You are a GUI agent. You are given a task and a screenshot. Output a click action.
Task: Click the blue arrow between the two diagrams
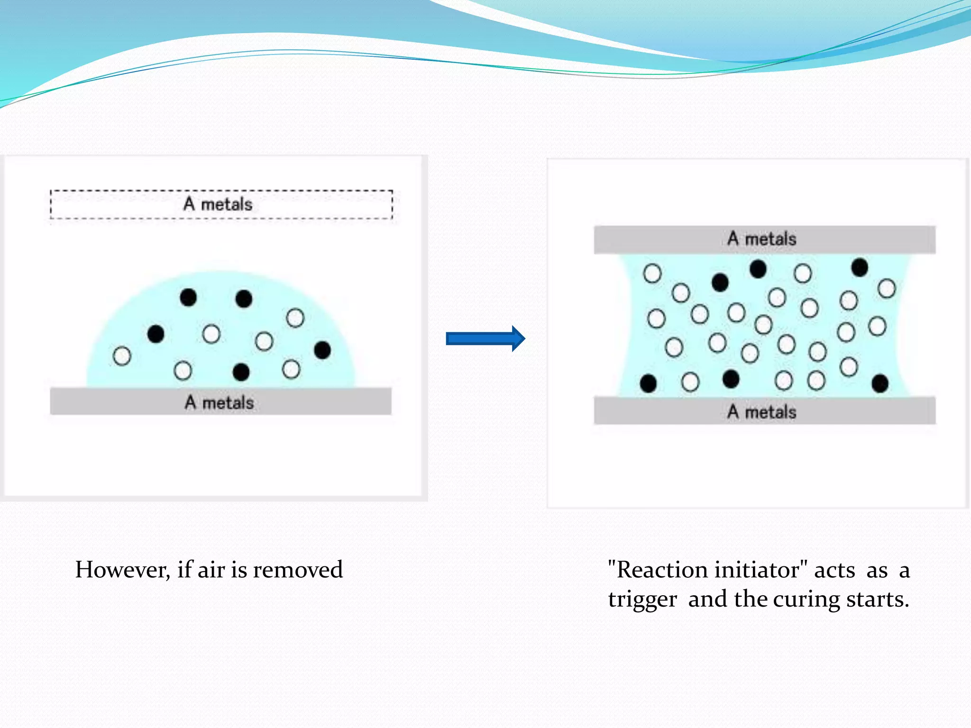pyautogui.click(x=485, y=338)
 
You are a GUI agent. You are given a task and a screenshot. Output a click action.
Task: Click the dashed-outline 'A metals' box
pyautogui.click(x=221, y=205)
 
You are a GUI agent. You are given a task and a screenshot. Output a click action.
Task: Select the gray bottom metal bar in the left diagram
pyautogui.click(x=221, y=401)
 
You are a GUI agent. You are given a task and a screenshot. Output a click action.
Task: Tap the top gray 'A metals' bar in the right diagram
pyautogui.click(x=764, y=239)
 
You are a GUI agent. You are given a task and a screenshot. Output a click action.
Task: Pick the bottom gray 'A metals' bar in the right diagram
pyautogui.click(x=764, y=410)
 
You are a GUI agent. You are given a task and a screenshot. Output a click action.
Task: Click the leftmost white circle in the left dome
pyautogui.click(x=122, y=356)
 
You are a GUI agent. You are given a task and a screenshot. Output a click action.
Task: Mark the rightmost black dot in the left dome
pyautogui.click(x=322, y=350)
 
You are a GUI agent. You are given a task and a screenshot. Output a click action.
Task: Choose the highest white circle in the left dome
pyautogui.click(x=295, y=318)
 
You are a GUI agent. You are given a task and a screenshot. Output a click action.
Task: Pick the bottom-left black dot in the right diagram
pyautogui.click(x=648, y=383)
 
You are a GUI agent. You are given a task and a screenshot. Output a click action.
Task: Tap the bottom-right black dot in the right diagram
pyautogui.click(x=880, y=383)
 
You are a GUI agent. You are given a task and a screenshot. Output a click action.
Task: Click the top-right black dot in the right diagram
pyautogui.click(x=860, y=267)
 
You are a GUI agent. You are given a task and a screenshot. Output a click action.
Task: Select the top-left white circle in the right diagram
pyautogui.click(x=652, y=273)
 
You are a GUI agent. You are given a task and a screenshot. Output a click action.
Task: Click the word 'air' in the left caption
pyautogui.click(x=211, y=570)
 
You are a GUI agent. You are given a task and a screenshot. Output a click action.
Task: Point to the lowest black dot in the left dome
pyautogui.click(x=241, y=372)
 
